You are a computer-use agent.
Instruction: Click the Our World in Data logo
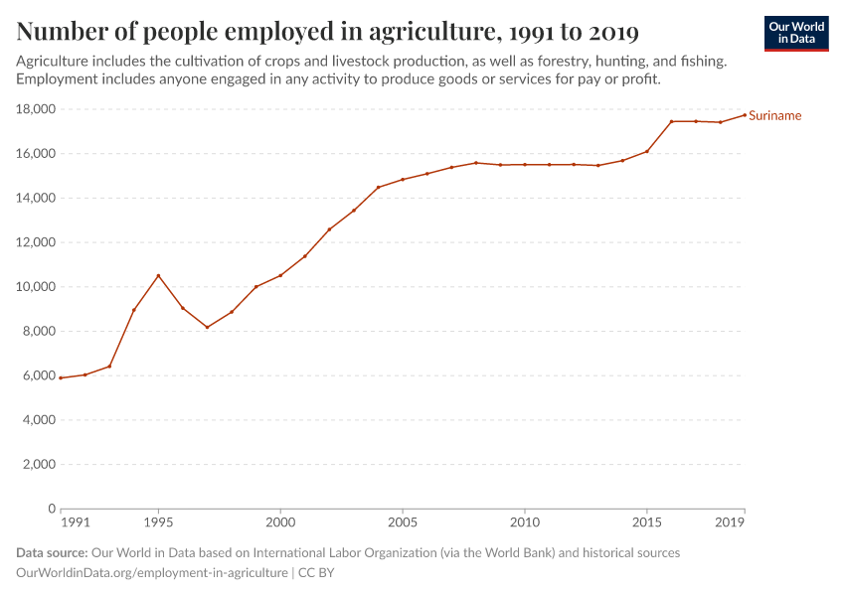796,33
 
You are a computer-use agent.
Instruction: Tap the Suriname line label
774,115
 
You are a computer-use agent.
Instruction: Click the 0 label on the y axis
49,509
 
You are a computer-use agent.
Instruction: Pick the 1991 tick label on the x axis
75,521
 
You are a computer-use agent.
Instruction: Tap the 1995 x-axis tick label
158,521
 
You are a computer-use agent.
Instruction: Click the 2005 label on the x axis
403,521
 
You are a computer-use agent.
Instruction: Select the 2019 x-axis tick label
731,521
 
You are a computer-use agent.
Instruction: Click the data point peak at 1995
158,275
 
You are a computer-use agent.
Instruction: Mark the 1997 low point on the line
207,327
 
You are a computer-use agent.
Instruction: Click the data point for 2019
744,114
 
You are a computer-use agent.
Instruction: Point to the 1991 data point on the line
61,377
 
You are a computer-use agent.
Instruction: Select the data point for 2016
671,121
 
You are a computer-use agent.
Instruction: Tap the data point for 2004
378,187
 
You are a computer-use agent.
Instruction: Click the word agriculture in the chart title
430,33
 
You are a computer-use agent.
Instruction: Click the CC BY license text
316,573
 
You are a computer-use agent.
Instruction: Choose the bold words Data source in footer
52,552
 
